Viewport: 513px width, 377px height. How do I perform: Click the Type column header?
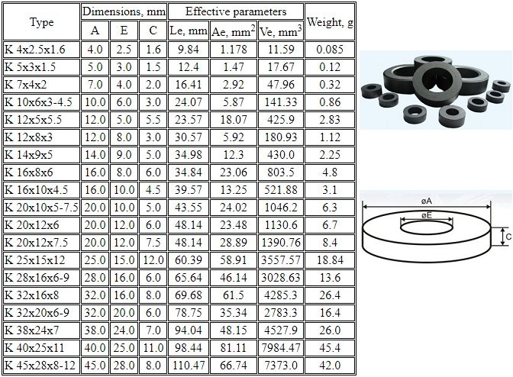41,22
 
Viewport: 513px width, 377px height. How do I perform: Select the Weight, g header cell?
330,22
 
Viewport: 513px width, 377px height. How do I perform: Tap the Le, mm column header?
188,31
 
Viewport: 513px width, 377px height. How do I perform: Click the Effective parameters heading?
236,11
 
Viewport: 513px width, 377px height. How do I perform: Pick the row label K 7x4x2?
26,85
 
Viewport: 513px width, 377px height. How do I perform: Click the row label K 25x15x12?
35,260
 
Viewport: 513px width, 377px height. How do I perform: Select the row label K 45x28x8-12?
40,366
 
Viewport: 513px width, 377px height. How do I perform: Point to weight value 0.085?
330,50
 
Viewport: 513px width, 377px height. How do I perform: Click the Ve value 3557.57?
281,260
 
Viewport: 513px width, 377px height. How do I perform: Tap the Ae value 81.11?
234,347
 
